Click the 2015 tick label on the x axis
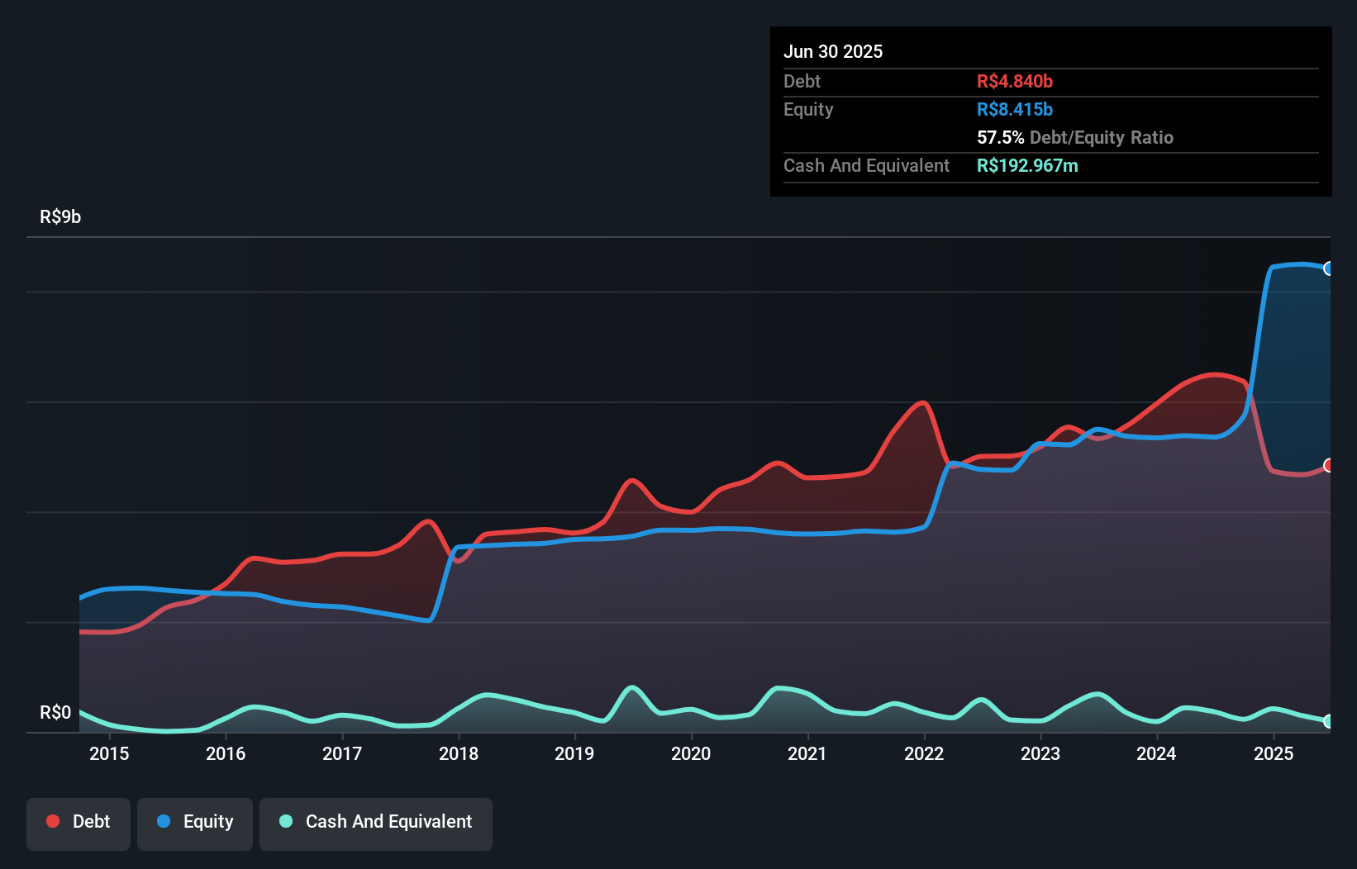[x=109, y=753]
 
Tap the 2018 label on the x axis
[x=458, y=753]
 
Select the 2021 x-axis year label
[x=807, y=753]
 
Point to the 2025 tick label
[x=1273, y=753]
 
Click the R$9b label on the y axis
[x=60, y=216]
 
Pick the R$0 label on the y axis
[x=55, y=712]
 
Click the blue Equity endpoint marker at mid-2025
[x=1328, y=268]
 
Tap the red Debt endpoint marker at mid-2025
[x=1328, y=465]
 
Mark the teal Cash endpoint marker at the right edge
[x=1328, y=721]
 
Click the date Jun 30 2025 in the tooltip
[x=833, y=51]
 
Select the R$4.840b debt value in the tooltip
[x=1014, y=81]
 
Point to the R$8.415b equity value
[x=1014, y=109]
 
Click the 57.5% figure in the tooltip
[x=1000, y=137]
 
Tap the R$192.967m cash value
[x=1026, y=165]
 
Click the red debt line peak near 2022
[x=923, y=403]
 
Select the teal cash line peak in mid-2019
[x=632, y=687]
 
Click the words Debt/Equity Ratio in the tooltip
[x=1101, y=137]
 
